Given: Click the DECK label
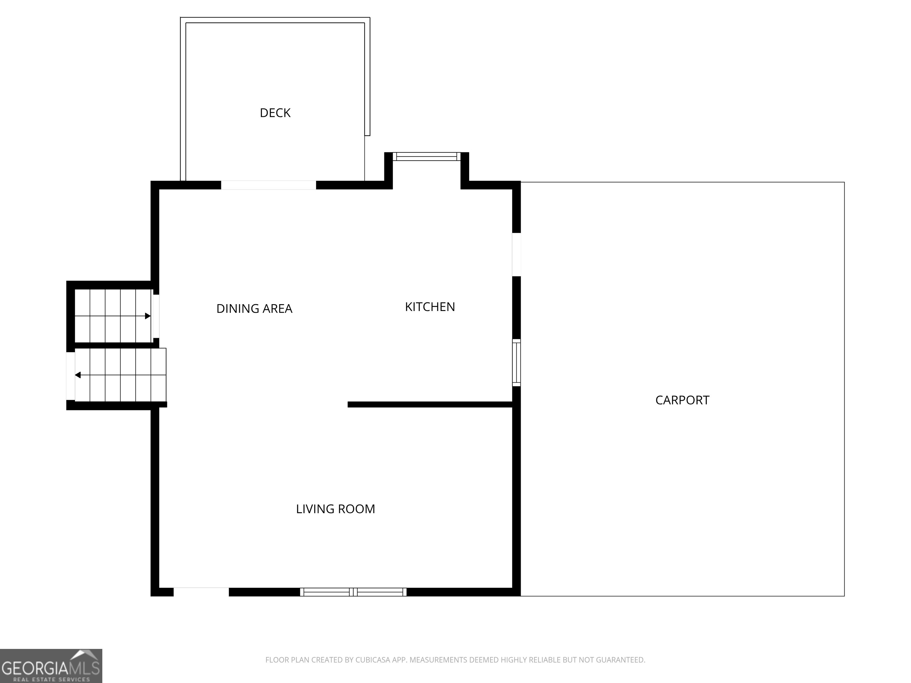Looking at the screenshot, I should point(275,113).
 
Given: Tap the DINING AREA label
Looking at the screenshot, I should point(254,308).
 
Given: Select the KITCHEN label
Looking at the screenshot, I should point(430,307).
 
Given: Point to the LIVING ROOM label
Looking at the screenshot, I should point(335,509).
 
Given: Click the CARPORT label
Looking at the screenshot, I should point(682,400).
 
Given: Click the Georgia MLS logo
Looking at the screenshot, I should point(51,666).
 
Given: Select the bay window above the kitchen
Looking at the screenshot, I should point(426,157).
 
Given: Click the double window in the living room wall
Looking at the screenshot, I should point(353,592).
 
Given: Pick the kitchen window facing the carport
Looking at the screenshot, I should point(516,362).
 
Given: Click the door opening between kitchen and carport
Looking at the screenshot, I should point(516,254).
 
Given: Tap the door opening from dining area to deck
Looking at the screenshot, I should point(268,185).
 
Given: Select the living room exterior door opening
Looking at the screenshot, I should point(201,592).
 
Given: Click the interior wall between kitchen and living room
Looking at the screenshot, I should point(430,405).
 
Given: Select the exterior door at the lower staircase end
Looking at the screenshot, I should point(70,376).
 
